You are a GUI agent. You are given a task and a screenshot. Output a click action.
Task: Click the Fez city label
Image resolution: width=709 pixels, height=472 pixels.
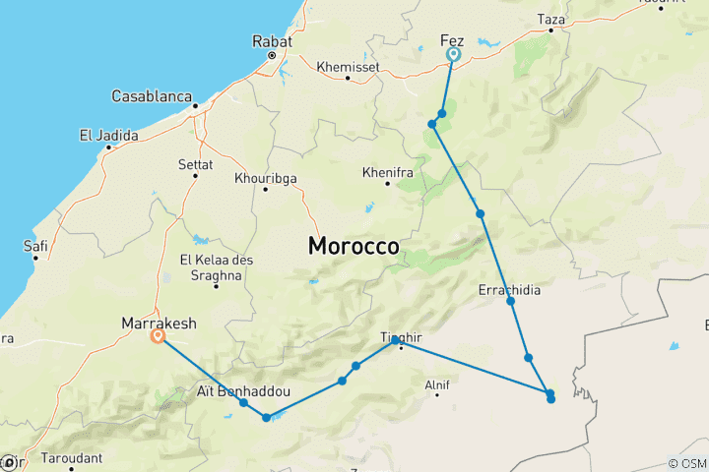click(x=452, y=40)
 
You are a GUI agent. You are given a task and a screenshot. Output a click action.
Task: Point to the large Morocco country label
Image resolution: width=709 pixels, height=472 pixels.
click(x=354, y=246)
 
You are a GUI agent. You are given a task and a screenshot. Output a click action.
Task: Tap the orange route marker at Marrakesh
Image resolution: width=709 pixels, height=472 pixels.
click(x=158, y=336)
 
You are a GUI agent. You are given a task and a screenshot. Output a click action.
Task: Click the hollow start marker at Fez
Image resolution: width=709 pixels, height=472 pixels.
click(x=453, y=55)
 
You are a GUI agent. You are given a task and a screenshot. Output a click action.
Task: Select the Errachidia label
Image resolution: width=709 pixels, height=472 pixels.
click(x=508, y=290)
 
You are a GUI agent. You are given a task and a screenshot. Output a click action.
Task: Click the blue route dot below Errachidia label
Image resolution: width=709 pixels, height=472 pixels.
click(x=511, y=301)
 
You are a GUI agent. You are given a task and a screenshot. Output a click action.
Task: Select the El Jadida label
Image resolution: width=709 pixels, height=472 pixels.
click(x=108, y=136)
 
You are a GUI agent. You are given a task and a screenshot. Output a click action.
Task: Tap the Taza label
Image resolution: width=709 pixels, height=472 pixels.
click(x=551, y=19)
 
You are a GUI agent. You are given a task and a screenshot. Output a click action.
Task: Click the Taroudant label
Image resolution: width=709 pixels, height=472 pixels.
click(x=71, y=457)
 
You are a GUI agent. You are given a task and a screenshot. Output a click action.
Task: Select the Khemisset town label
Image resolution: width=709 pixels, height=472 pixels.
click(x=347, y=67)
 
